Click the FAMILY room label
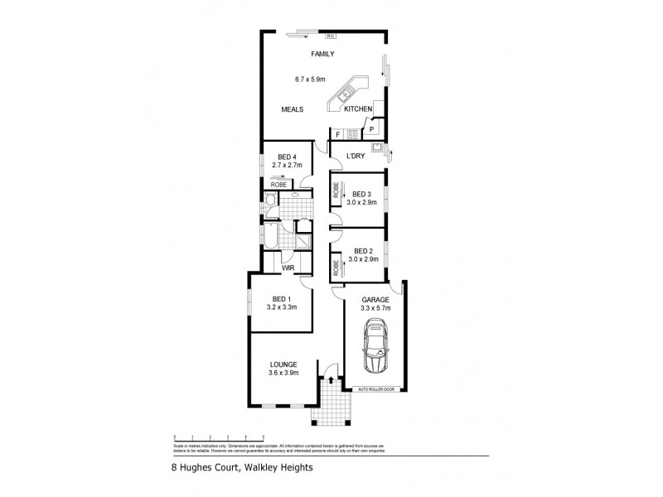pos(322,55)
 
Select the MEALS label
pos(292,109)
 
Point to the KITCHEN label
pos(358,109)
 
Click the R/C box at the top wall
pos(330,36)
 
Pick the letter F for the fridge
pos(337,133)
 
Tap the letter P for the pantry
pos(371,130)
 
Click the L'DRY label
pos(356,156)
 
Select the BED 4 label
pos(288,157)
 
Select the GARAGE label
pos(375,300)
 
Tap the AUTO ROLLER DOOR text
pos(377,388)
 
